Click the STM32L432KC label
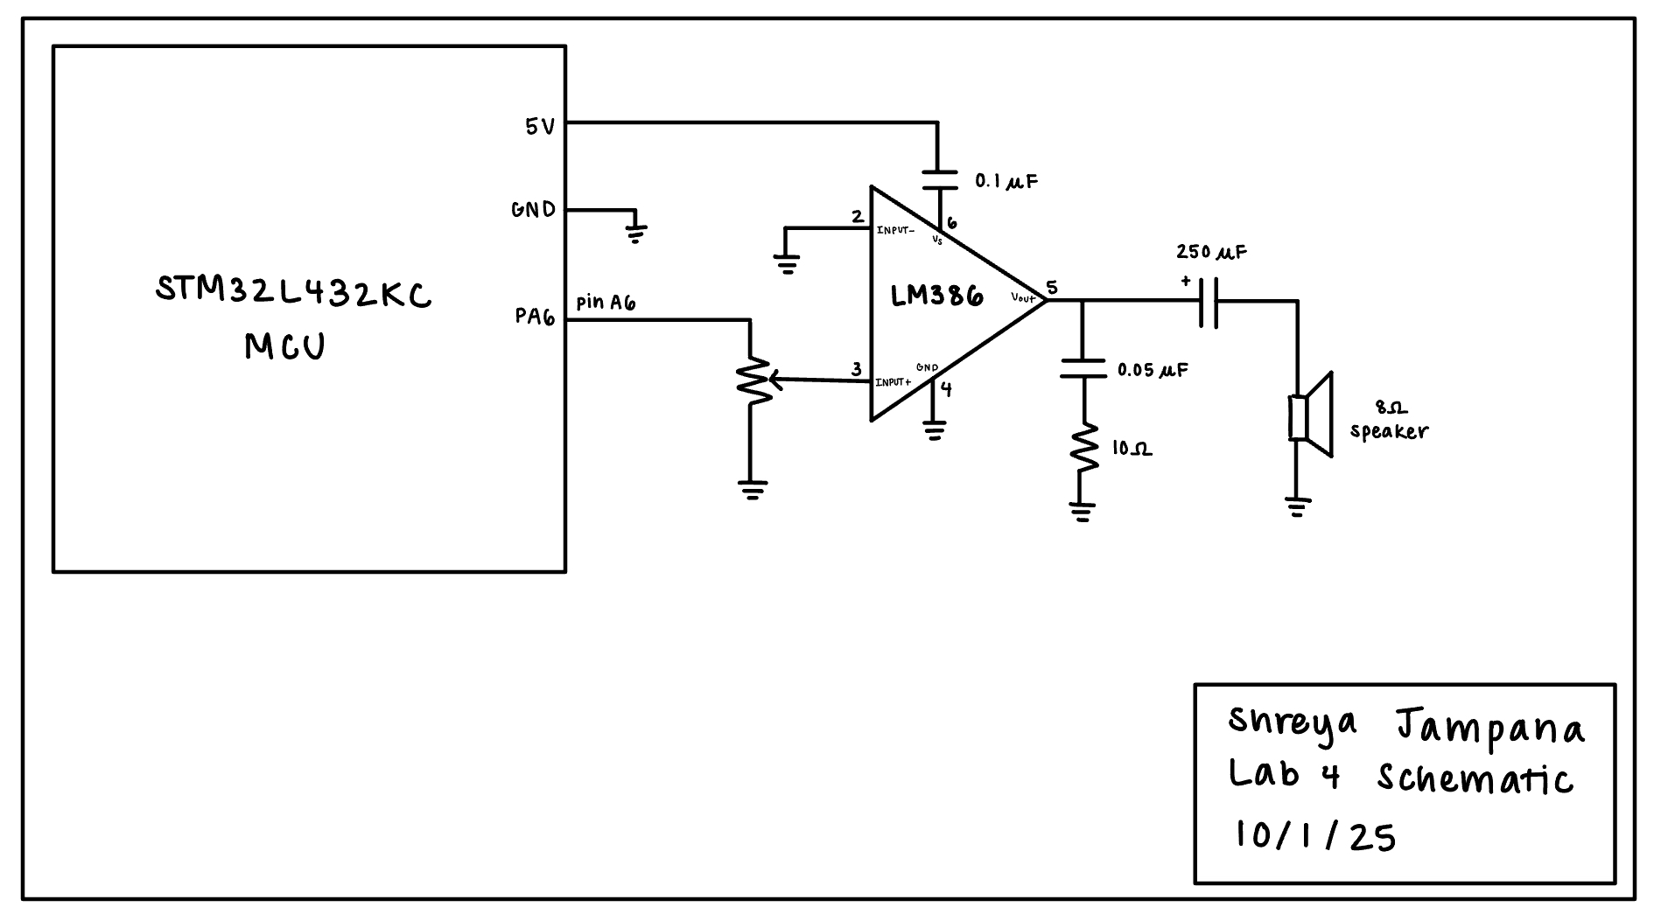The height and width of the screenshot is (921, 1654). [293, 292]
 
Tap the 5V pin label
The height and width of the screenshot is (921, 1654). [540, 127]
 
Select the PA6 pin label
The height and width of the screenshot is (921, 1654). [534, 317]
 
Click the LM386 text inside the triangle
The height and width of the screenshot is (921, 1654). [936, 297]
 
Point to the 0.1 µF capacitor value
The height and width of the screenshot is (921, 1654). [1006, 182]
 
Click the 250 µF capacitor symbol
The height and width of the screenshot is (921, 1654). [1209, 302]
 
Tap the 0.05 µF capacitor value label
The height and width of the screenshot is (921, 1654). [1153, 370]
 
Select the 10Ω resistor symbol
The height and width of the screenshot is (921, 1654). [1084, 448]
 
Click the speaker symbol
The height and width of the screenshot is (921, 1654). [1310, 415]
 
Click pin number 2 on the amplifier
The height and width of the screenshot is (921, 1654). [857, 217]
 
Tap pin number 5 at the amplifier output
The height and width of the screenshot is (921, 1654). [1052, 287]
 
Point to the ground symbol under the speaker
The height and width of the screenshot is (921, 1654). [1297, 507]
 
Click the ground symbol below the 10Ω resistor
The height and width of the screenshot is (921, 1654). [1083, 512]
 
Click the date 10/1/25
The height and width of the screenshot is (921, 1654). [1314, 836]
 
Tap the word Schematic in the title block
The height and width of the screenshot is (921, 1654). [1475, 778]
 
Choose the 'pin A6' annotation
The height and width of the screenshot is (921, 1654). [606, 303]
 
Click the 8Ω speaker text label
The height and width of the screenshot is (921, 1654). [1389, 420]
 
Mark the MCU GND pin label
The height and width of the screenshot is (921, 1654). [533, 210]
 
